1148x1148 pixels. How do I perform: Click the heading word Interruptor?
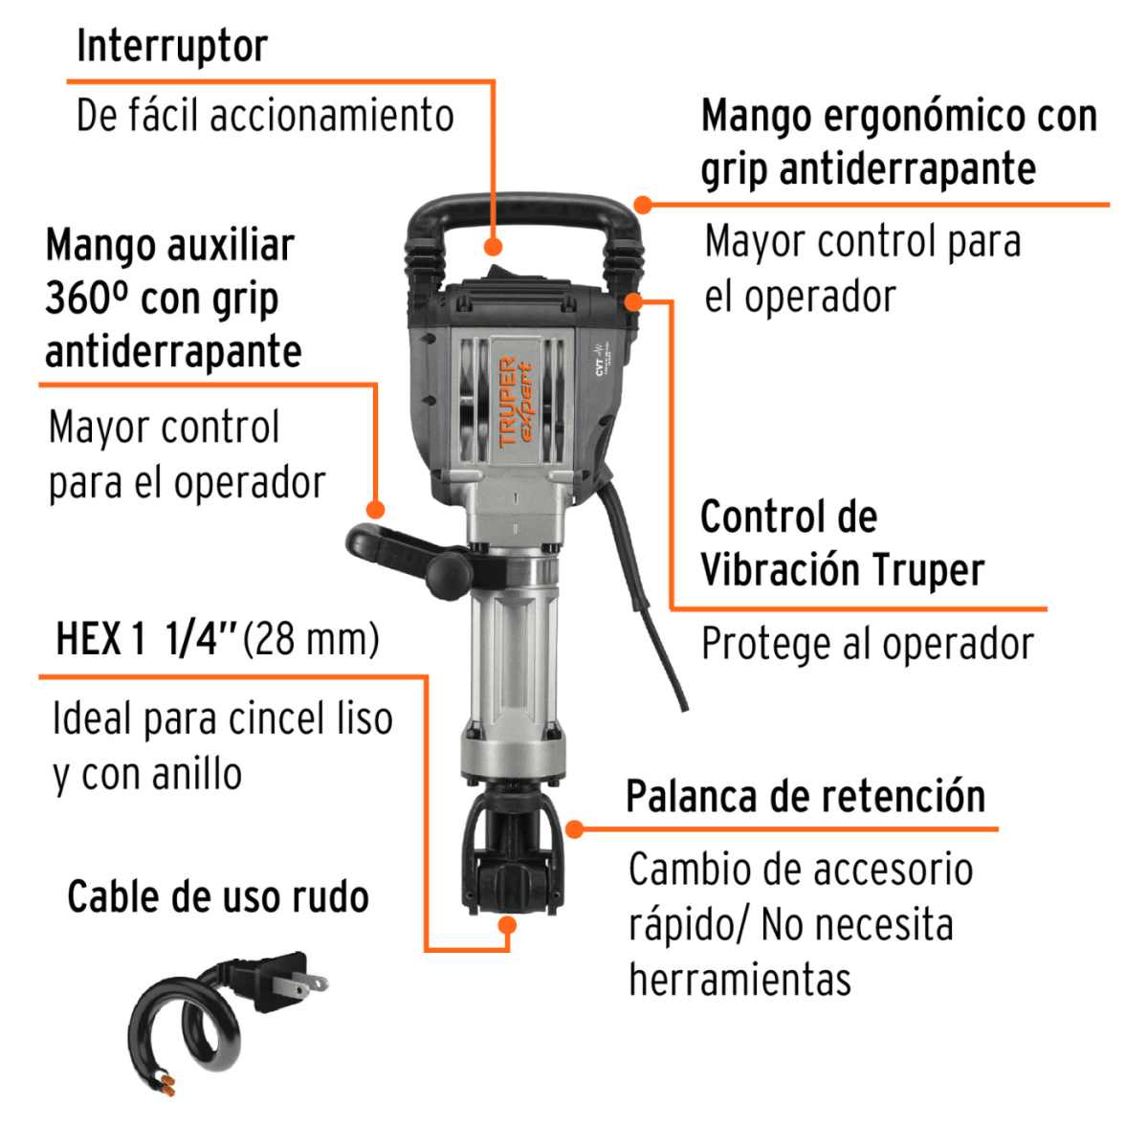pyautogui.click(x=172, y=46)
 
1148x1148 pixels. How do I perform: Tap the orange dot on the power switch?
pyautogui.click(x=494, y=247)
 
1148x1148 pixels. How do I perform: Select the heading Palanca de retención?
pyautogui.click(x=806, y=797)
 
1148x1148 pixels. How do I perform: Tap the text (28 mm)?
pyautogui.click(x=312, y=639)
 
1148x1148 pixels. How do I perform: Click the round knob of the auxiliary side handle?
pyautogui.click(x=448, y=573)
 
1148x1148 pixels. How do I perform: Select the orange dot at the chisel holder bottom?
pyautogui.click(x=508, y=925)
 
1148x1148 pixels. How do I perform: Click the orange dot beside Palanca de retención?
pyautogui.click(x=574, y=828)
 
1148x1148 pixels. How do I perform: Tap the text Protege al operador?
pyautogui.click(x=867, y=644)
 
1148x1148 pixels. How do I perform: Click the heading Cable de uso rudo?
pyautogui.click(x=218, y=897)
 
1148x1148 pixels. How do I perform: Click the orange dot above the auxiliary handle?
pyautogui.click(x=376, y=510)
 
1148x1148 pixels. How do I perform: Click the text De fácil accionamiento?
pyautogui.click(x=265, y=116)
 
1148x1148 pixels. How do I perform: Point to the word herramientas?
pyautogui.click(x=740, y=980)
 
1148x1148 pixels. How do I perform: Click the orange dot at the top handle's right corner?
pyautogui.click(x=643, y=205)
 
